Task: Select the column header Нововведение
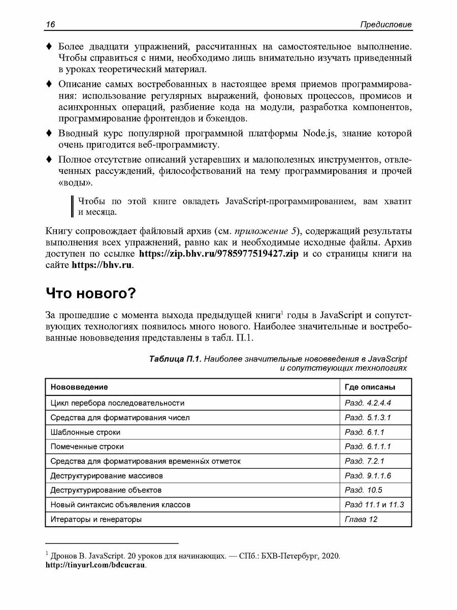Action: [79, 387]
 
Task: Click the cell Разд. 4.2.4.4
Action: [370, 403]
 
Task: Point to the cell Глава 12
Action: [361, 520]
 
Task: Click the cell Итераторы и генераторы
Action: [96, 520]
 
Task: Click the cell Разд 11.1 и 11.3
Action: [377, 505]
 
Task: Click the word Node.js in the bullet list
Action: [321, 135]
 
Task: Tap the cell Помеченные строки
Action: [87, 447]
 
